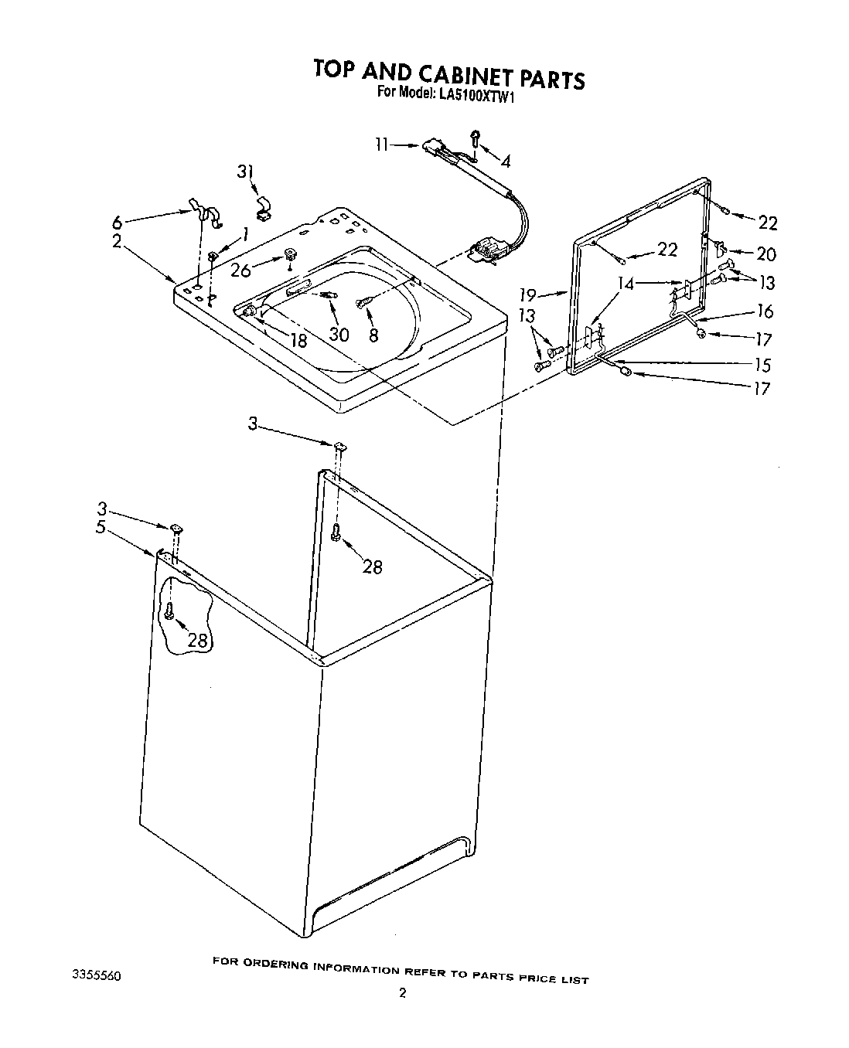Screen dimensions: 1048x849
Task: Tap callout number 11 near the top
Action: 381,145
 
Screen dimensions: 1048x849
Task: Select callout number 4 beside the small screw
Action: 506,162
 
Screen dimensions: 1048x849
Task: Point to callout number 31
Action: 245,172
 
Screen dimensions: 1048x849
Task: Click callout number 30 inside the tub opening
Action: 339,334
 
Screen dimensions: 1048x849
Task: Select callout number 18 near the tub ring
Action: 297,340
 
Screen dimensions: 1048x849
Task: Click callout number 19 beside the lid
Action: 528,294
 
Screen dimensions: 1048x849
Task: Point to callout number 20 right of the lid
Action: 766,253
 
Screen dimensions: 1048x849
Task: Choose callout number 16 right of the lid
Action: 765,311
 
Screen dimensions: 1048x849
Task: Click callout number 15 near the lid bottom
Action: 762,365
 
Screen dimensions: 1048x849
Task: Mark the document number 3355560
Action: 96,976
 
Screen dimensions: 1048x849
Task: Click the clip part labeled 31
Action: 264,209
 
